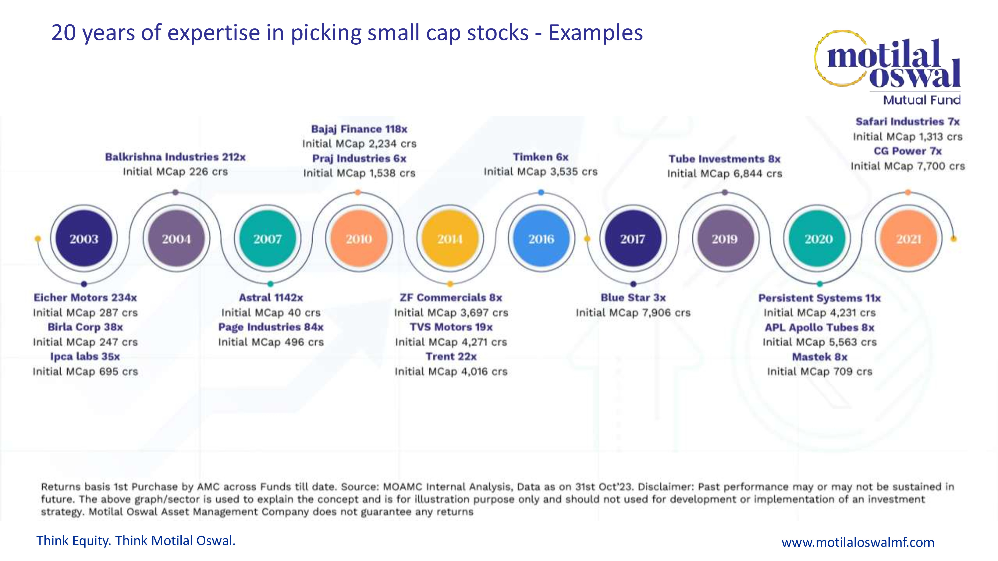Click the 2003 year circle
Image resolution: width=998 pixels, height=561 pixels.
(84, 239)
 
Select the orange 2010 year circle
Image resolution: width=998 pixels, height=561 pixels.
(359, 239)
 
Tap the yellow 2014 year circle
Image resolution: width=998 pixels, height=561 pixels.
(450, 239)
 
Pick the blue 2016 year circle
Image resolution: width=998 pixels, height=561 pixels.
(541, 239)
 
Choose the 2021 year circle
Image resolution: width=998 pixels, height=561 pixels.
(908, 239)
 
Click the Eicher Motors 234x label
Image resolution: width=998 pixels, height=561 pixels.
(85, 297)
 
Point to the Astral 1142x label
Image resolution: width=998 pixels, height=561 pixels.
(271, 297)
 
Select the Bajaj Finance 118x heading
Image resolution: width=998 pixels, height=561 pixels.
(359, 129)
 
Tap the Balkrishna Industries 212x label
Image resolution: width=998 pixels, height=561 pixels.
(175, 157)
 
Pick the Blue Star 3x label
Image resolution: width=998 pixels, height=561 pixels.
(633, 297)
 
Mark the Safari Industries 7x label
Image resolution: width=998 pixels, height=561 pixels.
(907, 122)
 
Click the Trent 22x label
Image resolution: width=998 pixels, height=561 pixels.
(451, 356)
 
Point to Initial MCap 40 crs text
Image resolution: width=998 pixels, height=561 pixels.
(271, 312)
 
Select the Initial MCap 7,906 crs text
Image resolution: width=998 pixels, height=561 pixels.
(633, 312)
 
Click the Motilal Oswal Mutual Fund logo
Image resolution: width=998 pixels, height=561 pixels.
(891, 68)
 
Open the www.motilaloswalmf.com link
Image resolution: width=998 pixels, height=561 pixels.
(858, 542)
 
